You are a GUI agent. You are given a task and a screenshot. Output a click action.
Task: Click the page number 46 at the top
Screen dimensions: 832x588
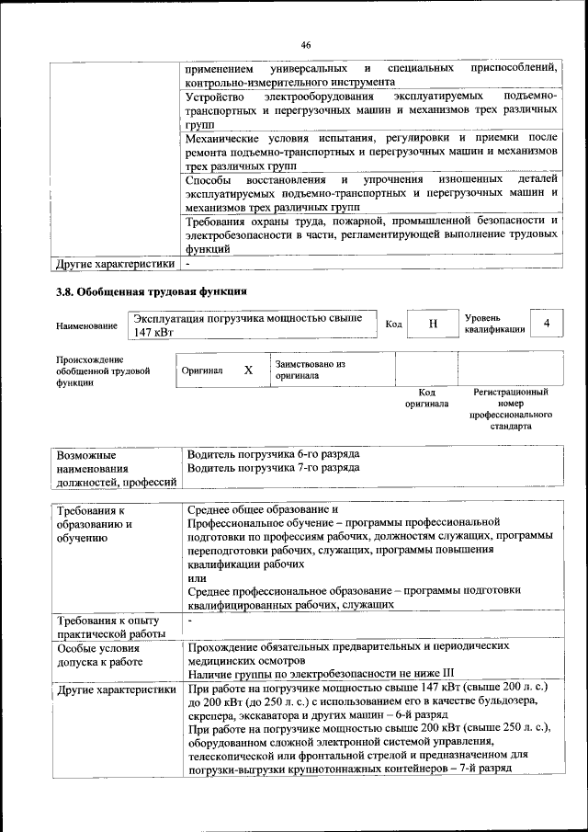pos(306,43)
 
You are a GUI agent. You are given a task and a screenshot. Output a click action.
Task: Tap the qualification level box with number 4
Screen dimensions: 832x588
pos(548,324)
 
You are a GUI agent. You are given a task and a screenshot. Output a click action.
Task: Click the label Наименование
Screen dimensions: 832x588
pos(86,326)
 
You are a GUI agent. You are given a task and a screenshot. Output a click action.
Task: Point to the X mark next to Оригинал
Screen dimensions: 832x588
pos(248,370)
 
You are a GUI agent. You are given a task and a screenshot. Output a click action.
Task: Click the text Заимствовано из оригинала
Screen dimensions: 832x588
pos(310,370)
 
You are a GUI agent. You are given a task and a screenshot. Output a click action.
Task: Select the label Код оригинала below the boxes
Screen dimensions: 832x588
pos(427,398)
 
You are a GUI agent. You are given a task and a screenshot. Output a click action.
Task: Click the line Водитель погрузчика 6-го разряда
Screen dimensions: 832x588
pos(273,454)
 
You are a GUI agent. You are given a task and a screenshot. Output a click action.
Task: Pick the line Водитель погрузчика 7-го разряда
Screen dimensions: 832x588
pos(273,468)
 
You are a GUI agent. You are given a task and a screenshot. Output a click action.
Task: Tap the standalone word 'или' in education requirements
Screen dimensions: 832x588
pos(196,578)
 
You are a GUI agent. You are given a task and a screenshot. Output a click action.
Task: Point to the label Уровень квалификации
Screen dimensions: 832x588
pos(494,324)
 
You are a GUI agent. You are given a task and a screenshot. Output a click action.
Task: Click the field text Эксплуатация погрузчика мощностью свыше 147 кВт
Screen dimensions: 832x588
pos(248,325)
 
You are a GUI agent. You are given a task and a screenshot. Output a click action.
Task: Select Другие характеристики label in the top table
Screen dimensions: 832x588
pos(115,265)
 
